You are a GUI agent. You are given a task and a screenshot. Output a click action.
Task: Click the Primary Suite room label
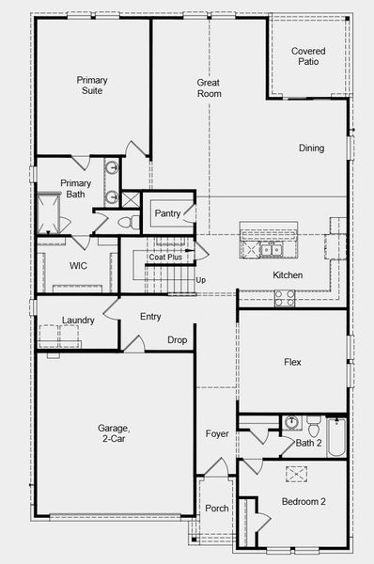tap(92, 86)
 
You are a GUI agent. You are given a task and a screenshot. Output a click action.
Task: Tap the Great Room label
tap(209, 88)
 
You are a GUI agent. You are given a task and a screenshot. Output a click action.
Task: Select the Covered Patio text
tap(307, 56)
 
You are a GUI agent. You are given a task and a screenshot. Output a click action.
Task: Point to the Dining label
tap(311, 148)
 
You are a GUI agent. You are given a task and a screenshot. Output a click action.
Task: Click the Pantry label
tap(167, 213)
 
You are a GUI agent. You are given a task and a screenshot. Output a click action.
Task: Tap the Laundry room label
tap(78, 321)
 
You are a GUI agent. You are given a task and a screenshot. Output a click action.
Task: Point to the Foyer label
tap(217, 433)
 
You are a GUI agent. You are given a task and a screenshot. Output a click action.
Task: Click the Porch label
tap(216, 509)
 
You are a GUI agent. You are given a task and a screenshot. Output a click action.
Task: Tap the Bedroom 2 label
tap(304, 502)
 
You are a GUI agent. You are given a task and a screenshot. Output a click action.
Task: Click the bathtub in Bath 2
tap(336, 437)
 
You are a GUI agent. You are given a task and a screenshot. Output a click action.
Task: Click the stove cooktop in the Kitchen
tap(284, 297)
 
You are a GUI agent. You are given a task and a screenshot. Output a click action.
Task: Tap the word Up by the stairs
tap(200, 280)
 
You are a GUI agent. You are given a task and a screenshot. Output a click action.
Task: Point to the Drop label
tap(177, 339)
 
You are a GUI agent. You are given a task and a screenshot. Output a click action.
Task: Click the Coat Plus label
tap(165, 256)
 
